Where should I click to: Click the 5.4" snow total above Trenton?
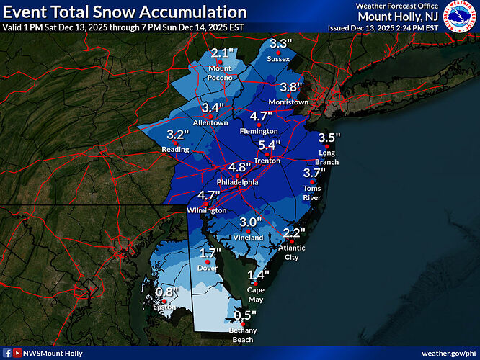(269, 145)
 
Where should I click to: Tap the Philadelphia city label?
(237, 182)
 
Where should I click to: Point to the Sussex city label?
(278, 58)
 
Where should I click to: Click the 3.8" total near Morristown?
(290, 87)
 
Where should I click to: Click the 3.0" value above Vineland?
(250, 222)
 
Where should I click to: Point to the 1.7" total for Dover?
(208, 253)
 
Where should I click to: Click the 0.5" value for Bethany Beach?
(246, 315)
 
